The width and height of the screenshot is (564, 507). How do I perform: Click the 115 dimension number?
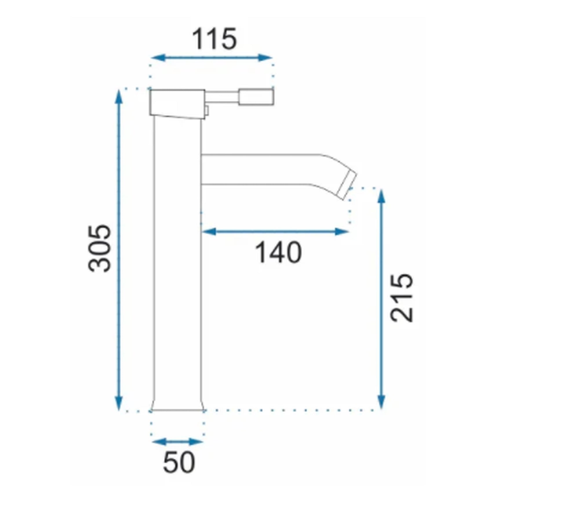tap(214, 39)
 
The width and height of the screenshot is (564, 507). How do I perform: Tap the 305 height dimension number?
tap(99, 248)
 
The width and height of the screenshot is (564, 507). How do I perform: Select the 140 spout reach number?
tap(279, 253)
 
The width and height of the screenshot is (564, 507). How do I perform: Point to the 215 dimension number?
tap(401, 298)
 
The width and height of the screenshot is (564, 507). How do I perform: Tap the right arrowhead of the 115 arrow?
tap(265, 58)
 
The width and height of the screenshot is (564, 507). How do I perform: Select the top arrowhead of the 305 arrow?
tap(119, 97)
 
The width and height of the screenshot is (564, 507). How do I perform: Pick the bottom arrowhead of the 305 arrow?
tap(119, 403)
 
